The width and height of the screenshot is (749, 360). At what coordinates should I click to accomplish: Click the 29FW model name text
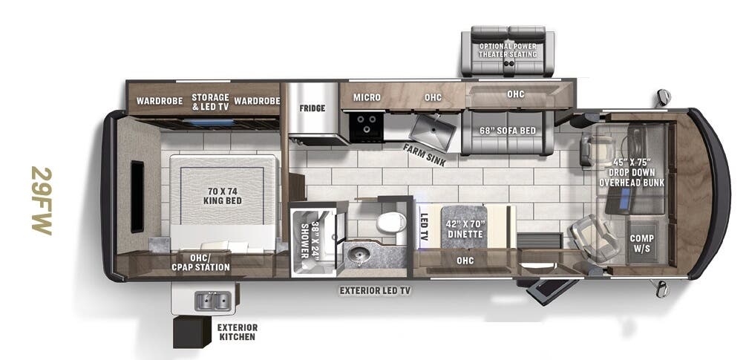pos(42,201)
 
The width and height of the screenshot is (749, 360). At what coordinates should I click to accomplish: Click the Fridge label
pos(313,108)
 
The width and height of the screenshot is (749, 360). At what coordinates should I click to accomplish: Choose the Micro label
pos(367,97)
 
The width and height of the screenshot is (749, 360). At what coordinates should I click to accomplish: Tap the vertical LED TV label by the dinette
pos(425,226)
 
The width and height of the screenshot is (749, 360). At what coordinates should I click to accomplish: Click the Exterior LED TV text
pos(375,290)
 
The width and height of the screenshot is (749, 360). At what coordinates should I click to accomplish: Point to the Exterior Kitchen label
pos(237,332)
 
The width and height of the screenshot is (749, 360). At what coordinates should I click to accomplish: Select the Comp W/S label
pos(641,243)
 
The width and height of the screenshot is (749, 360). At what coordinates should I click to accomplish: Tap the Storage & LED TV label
pos(209,102)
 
